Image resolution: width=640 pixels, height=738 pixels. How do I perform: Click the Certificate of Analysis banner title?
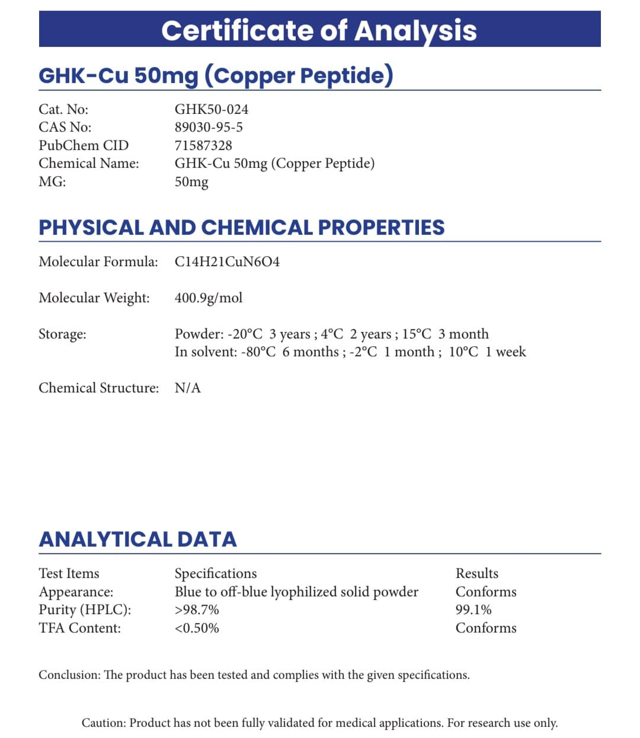point(319,30)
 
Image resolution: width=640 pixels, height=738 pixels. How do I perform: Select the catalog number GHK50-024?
point(211,110)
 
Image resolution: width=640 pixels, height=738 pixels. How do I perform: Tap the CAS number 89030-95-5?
point(209,127)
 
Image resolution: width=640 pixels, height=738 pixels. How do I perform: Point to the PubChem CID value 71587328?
point(203,145)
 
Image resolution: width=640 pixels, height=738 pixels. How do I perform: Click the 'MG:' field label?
point(52,181)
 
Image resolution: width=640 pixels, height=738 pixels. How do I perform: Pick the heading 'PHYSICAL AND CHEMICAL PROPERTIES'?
point(241,228)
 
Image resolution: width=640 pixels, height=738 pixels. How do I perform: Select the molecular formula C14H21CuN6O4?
point(227,261)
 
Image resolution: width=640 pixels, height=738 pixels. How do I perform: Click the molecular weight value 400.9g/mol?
point(209,298)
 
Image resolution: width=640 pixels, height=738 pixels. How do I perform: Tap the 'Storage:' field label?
point(62,334)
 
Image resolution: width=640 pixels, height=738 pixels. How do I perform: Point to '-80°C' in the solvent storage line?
point(258,352)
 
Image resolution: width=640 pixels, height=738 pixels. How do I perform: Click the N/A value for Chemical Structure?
point(188,388)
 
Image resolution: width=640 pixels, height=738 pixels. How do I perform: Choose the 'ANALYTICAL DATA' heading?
point(137,539)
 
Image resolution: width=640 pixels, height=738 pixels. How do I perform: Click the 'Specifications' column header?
point(216,573)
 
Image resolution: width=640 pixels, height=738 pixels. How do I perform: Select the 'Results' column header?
point(477,573)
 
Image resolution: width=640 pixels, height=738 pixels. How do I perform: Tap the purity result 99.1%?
point(473,610)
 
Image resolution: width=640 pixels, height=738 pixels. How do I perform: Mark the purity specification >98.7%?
point(197,610)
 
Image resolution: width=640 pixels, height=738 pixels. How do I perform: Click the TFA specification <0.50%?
point(197,628)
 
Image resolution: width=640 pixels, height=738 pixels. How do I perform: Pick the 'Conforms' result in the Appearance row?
point(486,592)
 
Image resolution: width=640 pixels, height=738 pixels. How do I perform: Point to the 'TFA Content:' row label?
point(79,628)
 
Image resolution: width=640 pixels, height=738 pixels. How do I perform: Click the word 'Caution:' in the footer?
point(104,723)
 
